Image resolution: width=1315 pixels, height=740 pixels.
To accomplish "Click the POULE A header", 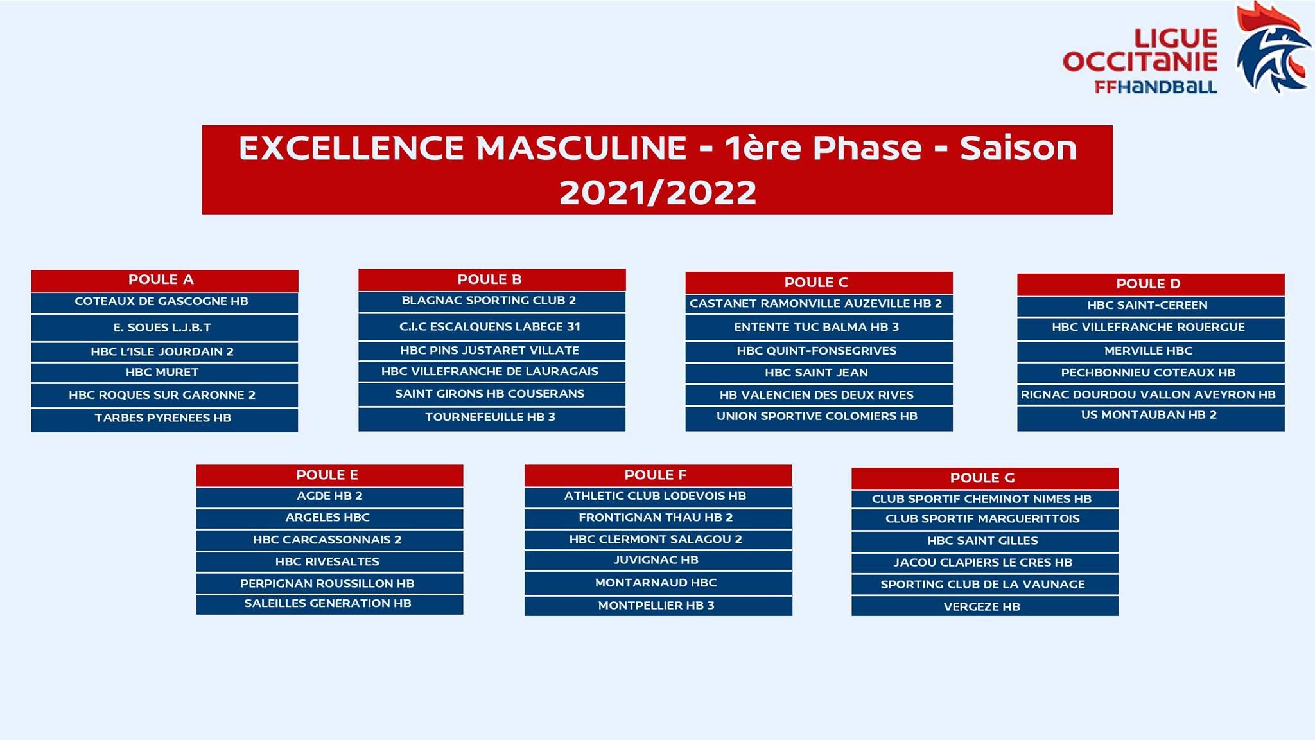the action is pyautogui.click(x=164, y=281).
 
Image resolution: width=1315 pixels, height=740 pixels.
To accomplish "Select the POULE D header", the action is pyautogui.click(x=1151, y=285).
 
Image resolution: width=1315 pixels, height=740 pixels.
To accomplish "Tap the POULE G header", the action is pyautogui.click(x=985, y=479).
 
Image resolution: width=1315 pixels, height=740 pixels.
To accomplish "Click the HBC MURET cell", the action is pyautogui.click(x=164, y=373).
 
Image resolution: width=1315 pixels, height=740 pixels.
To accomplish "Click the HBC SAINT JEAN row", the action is pyautogui.click(x=819, y=373).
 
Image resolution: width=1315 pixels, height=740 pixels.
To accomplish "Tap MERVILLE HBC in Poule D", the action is pyautogui.click(x=1151, y=351).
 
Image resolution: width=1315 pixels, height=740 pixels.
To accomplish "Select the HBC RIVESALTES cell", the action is pyautogui.click(x=329, y=562).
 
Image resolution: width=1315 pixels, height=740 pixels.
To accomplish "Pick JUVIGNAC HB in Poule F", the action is pyautogui.click(x=658, y=560).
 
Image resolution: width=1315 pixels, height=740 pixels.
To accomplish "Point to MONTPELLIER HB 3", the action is pyautogui.click(x=658, y=606).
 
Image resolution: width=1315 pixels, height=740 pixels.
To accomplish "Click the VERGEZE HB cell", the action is pyautogui.click(x=985, y=606).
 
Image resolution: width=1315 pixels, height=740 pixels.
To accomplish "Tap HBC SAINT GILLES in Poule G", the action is pyautogui.click(x=985, y=541).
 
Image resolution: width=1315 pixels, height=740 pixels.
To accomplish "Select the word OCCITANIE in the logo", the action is pyautogui.click(x=1140, y=62).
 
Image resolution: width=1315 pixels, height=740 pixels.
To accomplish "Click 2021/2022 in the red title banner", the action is pyautogui.click(x=657, y=192).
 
